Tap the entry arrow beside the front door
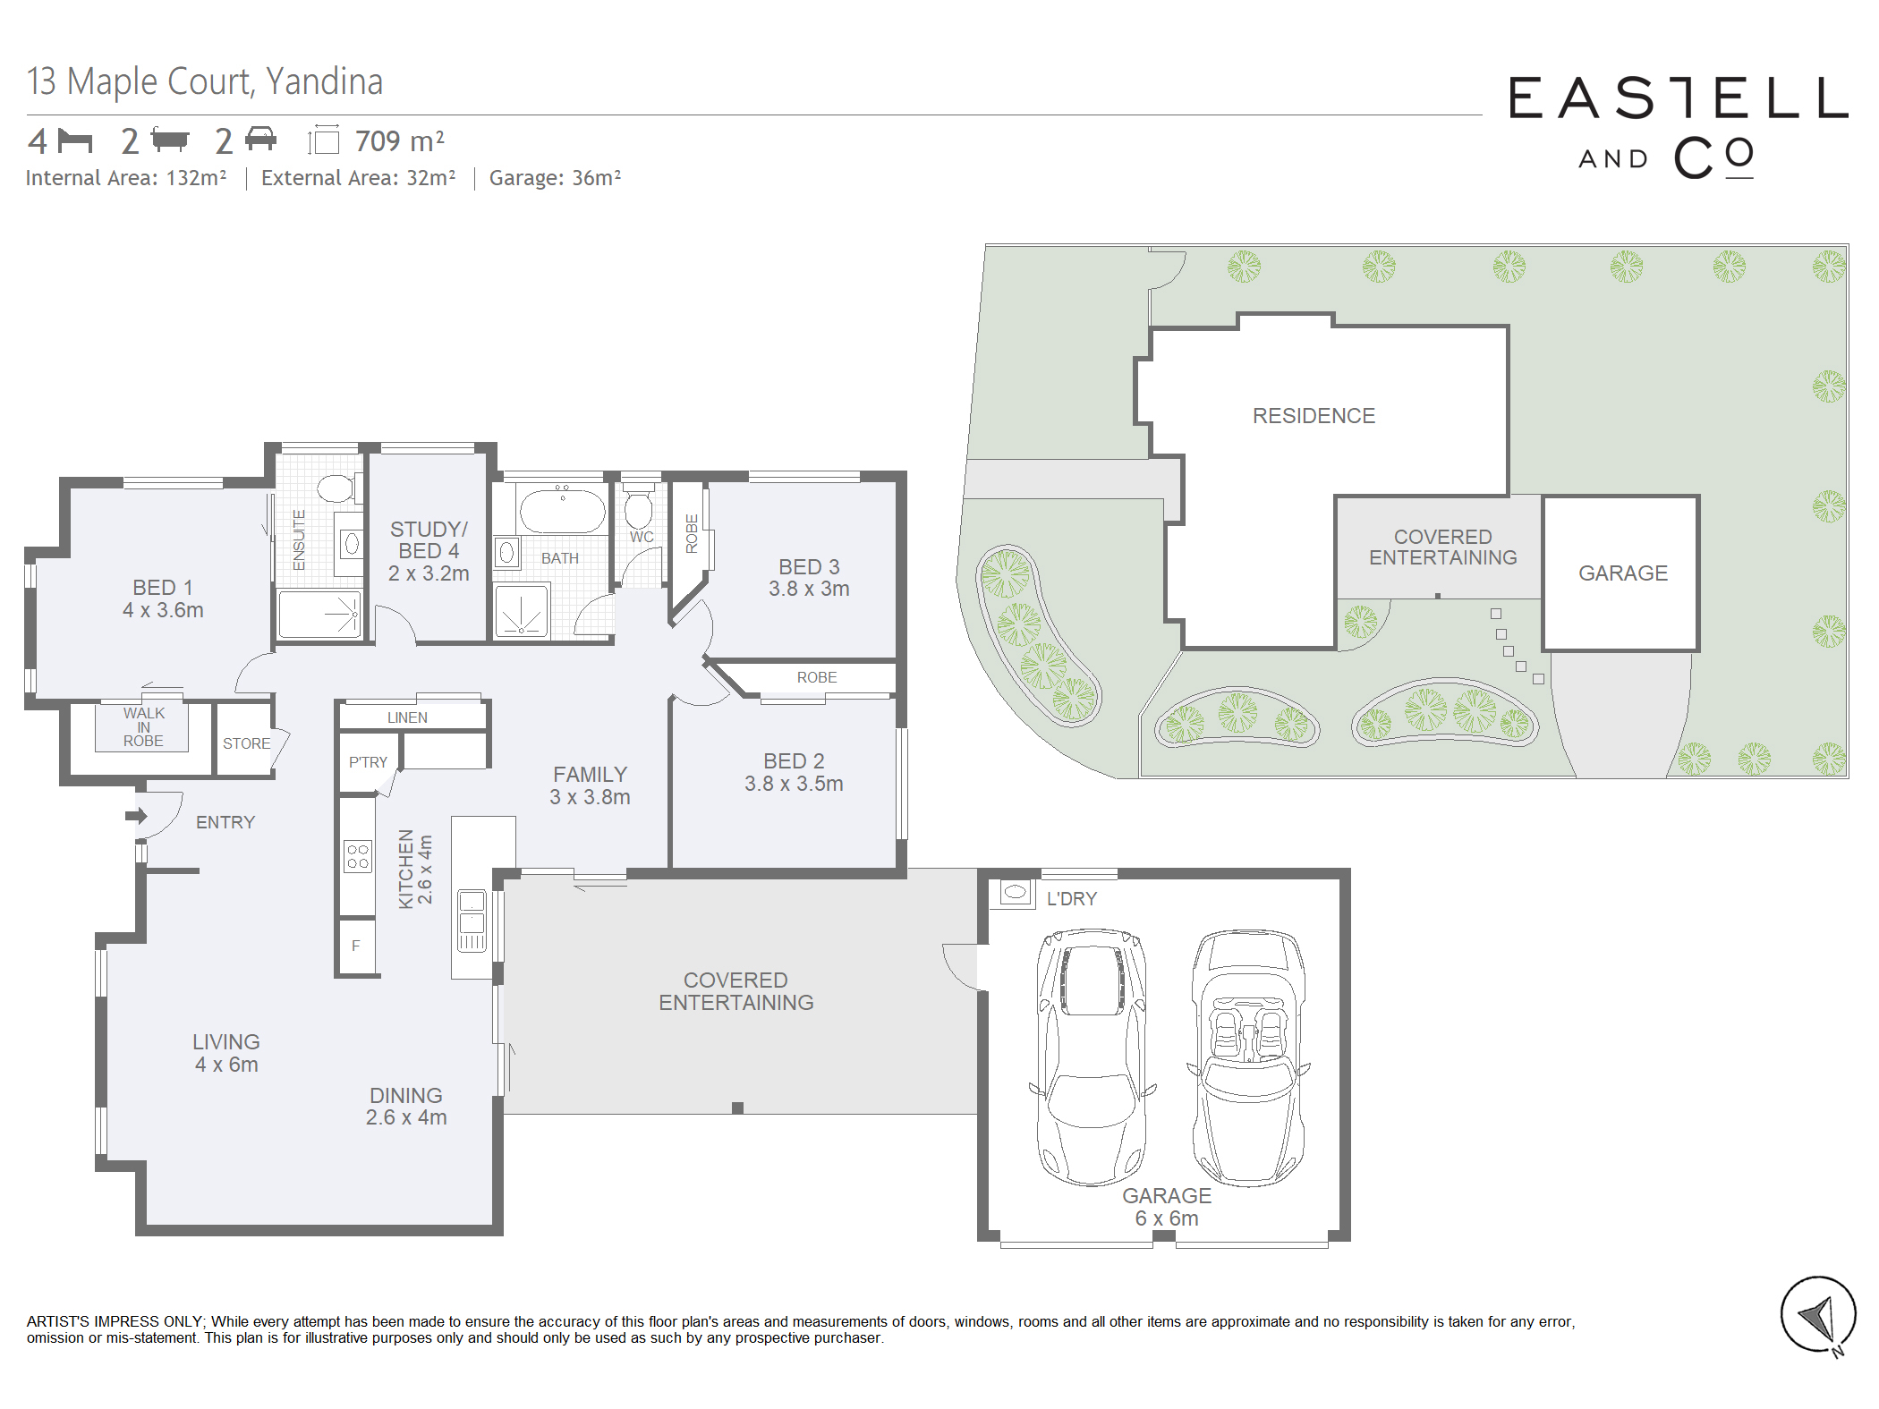pyautogui.click(x=136, y=815)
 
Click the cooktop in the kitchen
pyautogui.click(x=358, y=856)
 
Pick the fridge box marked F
pyautogui.click(x=356, y=945)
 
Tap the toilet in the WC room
pyautogui.click(x=638, y=509)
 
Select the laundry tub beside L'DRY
pyautogui.click(x=1016, y=892)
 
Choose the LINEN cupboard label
pyautogui.click(x=407, y=717)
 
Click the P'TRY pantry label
pyautogui.click(x=368, y=762)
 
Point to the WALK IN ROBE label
pyautogui.click(x=143, y=726)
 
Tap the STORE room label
pyautogui.click(x=246, y=743)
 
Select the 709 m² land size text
pyautogui.click(x=399, y=141)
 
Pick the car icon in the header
pyautogui.click(x=260, y=139)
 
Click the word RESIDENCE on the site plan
pyautogui.click(x=1314, y=416)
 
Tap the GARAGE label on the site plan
pyautogui.click(x=1623, y=573)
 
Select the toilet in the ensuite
pyautogui.click(x=337, y=488)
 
